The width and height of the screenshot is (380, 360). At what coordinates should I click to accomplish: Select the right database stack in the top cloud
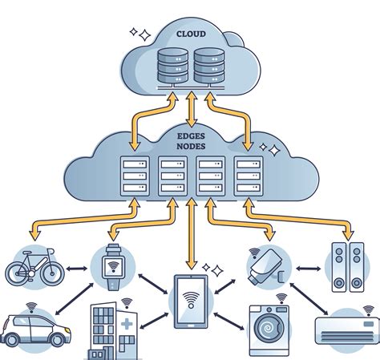click(x=208, y=67)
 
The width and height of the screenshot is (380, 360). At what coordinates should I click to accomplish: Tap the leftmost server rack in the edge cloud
click(x=133, y=176)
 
